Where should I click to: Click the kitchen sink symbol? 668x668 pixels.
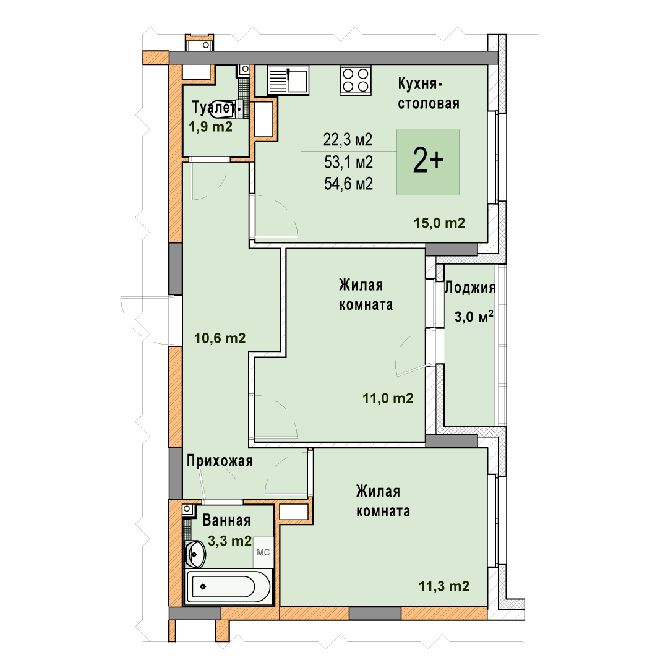288,80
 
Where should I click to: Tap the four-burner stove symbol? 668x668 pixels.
356,80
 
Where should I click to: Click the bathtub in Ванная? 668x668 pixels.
228,586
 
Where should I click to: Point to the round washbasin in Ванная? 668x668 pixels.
195,554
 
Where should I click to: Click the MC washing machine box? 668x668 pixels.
263,552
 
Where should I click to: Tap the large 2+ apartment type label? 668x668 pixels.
428,161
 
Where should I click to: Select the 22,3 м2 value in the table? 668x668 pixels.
348,140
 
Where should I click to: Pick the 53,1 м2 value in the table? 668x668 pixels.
348,162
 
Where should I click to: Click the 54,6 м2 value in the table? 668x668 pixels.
348,184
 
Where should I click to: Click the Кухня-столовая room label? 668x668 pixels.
429,93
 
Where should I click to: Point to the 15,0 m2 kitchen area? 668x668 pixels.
439,223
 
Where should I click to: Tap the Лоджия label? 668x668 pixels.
470,288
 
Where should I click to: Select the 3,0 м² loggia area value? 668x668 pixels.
474,317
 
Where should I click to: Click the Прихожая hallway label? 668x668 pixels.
220,461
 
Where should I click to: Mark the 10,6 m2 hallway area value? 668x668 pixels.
220,338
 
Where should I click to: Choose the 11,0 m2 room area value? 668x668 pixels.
388,398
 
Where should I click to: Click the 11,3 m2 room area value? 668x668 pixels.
444,586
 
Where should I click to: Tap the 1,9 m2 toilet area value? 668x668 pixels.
210,127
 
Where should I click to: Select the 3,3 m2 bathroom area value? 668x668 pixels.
229,541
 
